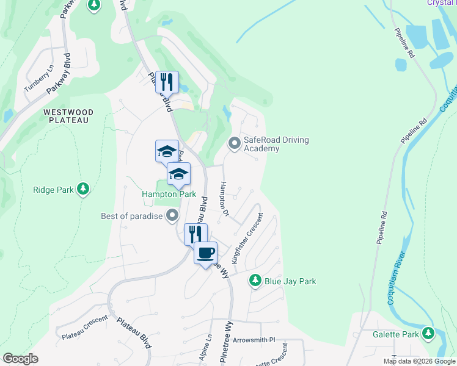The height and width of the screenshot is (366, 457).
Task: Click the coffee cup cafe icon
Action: coord(205,252)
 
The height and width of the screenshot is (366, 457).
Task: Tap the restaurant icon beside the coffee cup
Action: coord(196,233)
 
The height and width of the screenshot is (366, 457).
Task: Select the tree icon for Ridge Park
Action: coord(84,190)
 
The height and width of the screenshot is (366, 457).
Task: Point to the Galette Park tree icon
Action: coord(428,334)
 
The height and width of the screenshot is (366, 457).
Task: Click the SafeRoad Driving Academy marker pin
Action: coord(234,144)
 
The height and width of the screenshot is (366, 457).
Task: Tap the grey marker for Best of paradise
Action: coord(172,215)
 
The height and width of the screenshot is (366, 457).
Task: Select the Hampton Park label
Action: coord(169,195)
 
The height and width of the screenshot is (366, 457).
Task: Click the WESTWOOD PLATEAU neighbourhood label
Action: coord(68,116)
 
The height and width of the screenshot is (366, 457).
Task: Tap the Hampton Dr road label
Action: coord(224,199)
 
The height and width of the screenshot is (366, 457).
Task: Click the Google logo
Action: coord(20,359)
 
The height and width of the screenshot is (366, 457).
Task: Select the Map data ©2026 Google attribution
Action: coord(419,361)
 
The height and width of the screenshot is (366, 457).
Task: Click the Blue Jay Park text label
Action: coord(290,281)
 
